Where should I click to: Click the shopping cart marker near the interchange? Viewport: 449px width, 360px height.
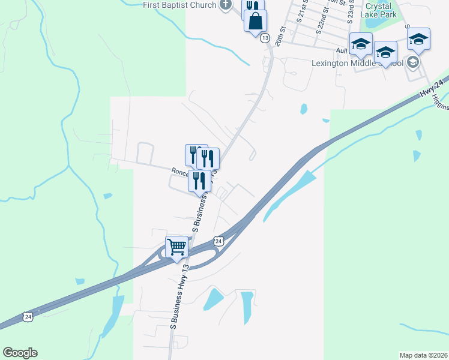coord(176,247)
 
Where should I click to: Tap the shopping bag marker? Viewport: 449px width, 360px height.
coord(255,21)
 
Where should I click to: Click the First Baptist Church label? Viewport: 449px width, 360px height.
coord(179,5)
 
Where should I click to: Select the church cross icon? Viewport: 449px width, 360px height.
coord(226,5)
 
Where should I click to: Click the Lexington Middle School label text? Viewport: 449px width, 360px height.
coord(357,62)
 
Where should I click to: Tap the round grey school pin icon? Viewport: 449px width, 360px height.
coord(412,62)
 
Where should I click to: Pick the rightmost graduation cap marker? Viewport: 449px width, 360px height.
coord(418,40)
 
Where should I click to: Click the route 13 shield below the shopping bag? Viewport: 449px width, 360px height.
coord(265,38)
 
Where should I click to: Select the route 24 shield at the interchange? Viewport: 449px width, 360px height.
coord(219,241)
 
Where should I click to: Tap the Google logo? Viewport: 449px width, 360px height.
coord(20,353)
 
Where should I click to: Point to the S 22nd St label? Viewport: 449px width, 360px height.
coord(322,19)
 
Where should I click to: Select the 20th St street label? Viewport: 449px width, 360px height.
coord(280,37)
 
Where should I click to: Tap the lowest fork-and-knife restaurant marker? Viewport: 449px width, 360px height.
coord(199,181)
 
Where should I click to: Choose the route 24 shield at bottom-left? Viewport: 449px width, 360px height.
coord(27,316)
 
